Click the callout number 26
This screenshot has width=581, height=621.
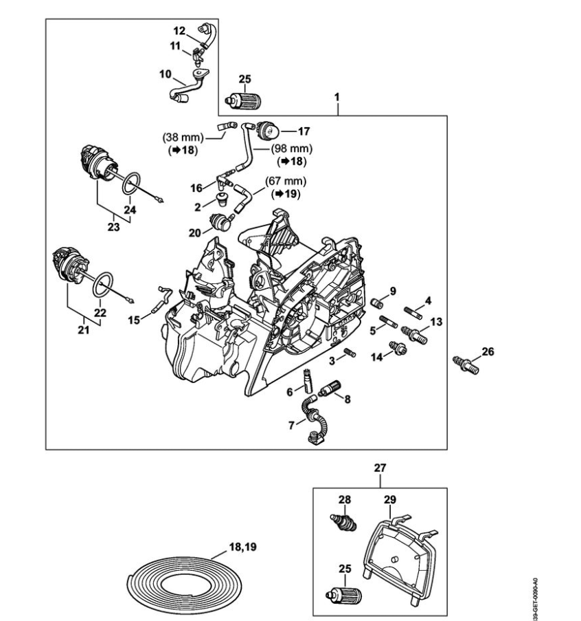(x=488, y=351)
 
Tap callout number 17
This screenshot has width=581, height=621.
(x=304, y=129)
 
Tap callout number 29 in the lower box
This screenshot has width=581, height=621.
(x=390, y=499)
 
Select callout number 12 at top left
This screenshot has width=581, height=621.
(x=179, y=30)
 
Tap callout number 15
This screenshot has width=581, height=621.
(x=135, y=319)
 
